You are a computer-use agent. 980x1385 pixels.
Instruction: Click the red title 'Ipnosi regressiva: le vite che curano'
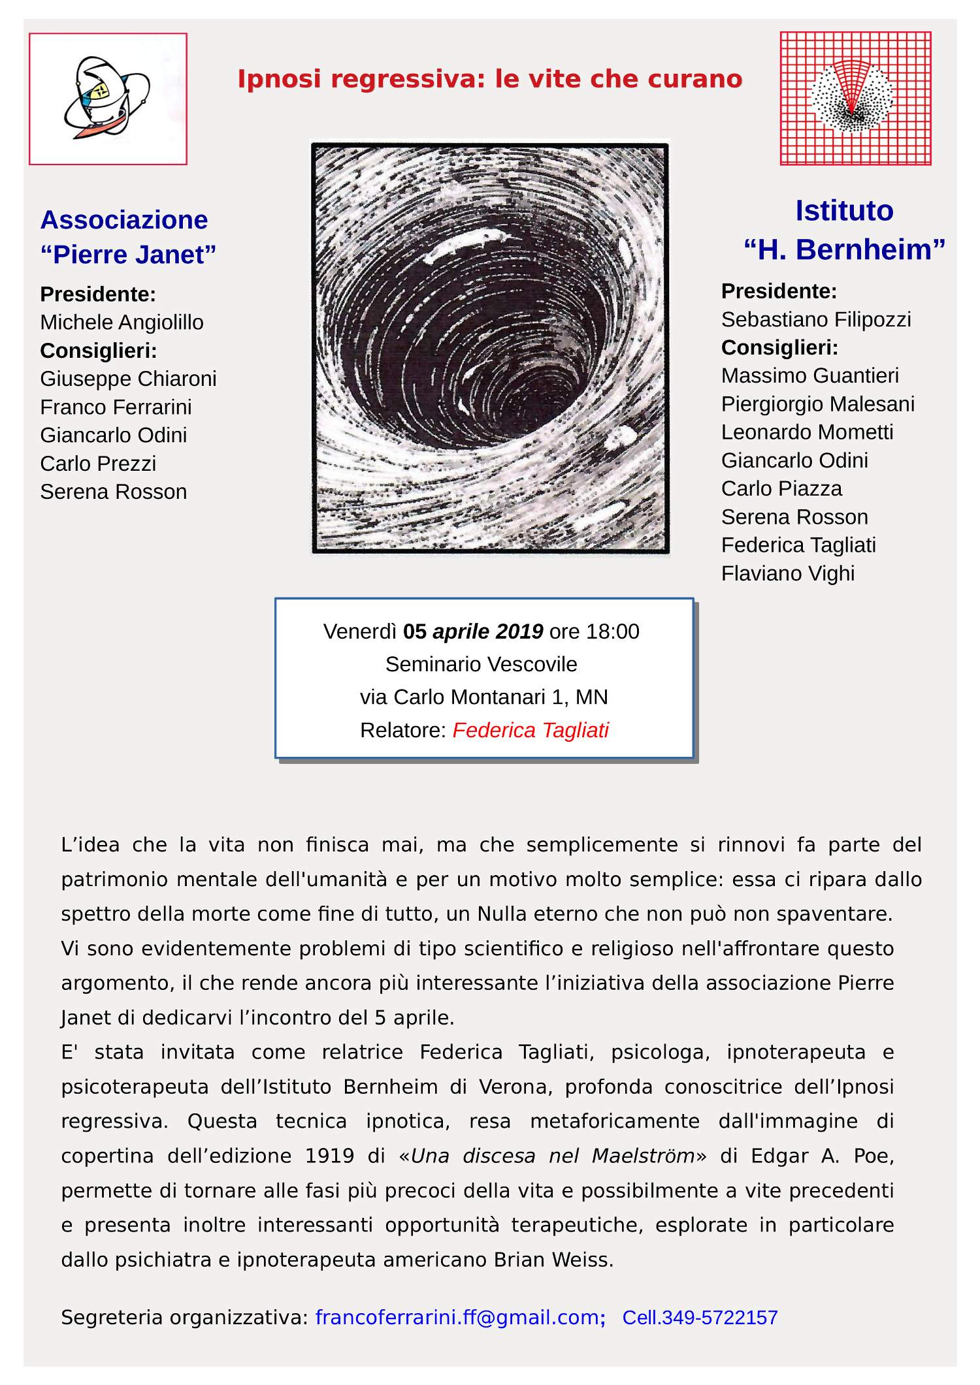point(489,79)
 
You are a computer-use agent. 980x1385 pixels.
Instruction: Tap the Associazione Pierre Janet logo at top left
point(108,99)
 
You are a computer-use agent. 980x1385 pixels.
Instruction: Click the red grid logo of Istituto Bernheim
point(855,99)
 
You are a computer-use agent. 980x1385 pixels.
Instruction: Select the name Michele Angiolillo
point(122,323)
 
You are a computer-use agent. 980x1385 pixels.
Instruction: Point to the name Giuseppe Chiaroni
point(128,379)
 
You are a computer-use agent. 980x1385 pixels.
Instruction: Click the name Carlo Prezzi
point(98,464)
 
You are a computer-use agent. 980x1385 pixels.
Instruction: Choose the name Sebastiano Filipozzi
point(816,319)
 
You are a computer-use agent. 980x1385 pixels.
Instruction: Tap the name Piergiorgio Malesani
point(817,404)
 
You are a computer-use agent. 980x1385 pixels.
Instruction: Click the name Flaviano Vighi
point(787,573)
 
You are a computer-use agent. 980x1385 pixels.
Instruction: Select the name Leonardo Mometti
point(807,432)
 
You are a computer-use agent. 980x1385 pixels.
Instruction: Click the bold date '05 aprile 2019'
point(473,631)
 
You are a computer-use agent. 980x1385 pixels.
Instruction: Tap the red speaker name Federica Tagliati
point(530,730)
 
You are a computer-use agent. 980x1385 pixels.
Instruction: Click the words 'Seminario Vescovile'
point(481,664)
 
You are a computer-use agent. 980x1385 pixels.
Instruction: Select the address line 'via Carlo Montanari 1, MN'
point(483,697)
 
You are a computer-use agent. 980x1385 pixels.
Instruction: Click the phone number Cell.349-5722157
point(700,1317)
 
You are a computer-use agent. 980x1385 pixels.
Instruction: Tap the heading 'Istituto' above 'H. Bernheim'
point(843,211)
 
